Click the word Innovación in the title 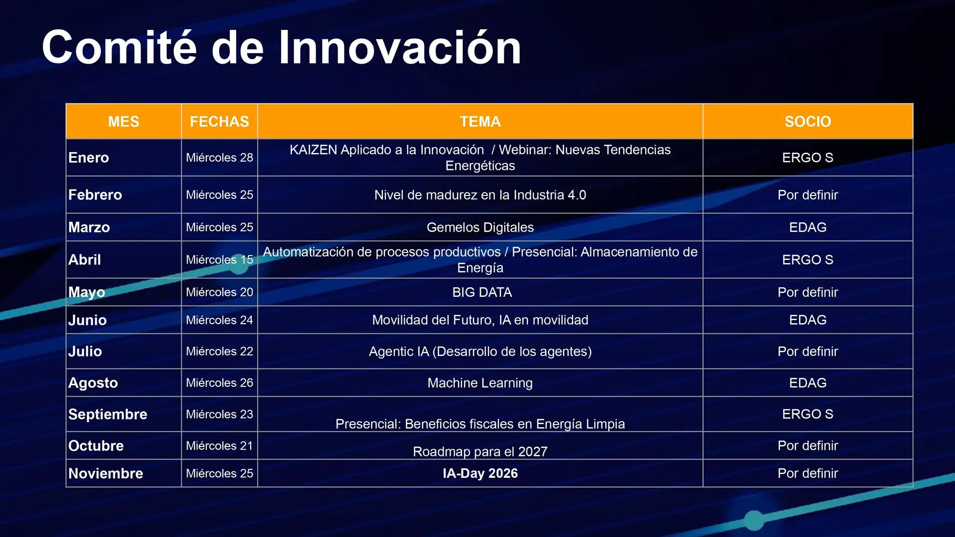(400, 47)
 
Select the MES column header (124, 122)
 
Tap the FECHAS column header (219, 122)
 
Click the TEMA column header (480, 122)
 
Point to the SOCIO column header (808, 122)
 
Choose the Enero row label (89, 158)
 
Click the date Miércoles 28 (219, 158)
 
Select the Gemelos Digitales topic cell (480, 227)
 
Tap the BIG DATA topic (482, 292)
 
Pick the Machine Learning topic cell (480, 383)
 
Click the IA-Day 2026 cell (480, 473)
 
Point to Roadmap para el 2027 (480, 451)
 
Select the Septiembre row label (107, 414)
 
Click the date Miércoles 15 (219, 260)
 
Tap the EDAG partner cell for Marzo (808, 227)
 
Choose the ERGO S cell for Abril (808, 260)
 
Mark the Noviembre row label (105, 473)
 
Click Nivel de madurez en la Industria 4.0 (480, 195)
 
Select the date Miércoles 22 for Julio (219, 351)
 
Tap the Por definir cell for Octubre (808, 446)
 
